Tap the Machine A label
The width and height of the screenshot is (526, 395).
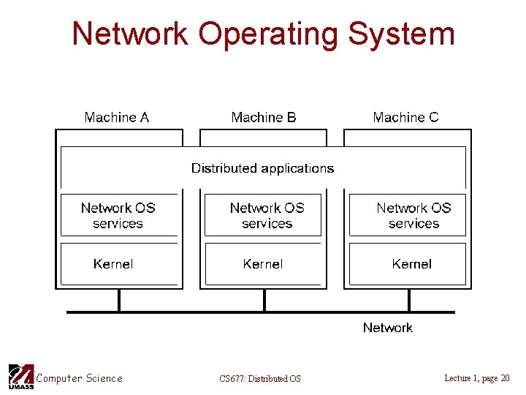pyautogui.click(x=117, y=117)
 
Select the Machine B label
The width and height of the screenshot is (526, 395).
pyautogui.click(x=264, y=117)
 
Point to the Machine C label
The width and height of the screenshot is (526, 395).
pyautogui.click(x=405, y=117)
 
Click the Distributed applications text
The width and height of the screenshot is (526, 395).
pyautogui.click(x=262, y=168)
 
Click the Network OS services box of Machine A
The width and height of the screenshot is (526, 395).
pyautogui.click(x=118, y=215)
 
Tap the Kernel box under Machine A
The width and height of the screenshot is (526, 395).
pyautogui.click(x=118, y=263)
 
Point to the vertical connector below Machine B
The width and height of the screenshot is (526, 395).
pyautogui.click(x=264, y=300)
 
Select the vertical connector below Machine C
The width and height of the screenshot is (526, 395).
pyautogui.click(x=409, y=300)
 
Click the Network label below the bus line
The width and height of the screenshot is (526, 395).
pyautogui.click(x=387, y=328)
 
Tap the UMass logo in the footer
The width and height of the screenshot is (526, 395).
pyautogui.click(x=20, y=377)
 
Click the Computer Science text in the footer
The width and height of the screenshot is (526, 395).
pyautogui.click(x=80, y=378)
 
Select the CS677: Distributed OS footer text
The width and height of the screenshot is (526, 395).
pyautogui.click(x=259, y=378)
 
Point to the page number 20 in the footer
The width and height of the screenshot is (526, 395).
pyautogui.click(x=505, y=377)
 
